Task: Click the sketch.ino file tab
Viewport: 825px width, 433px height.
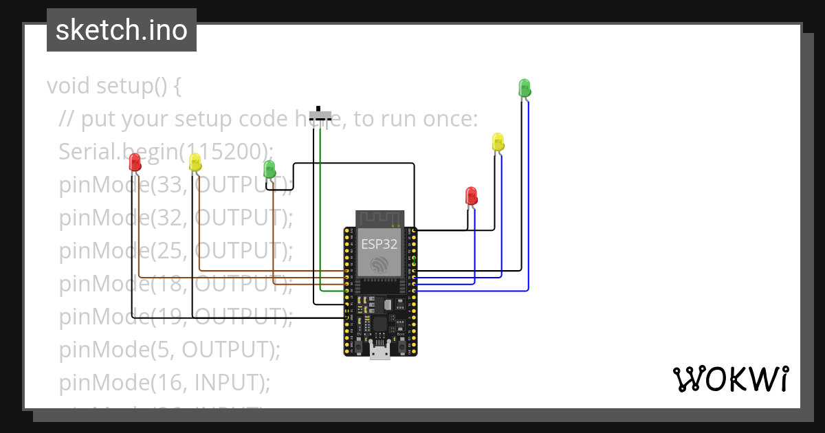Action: [x=122, y=30]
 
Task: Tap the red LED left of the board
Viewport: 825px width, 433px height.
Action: [x=135, y=163]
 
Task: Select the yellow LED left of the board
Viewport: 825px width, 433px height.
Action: [x=195, y=163]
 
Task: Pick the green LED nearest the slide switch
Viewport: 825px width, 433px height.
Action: [x=269, y=169]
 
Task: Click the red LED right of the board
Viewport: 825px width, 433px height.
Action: [x=471, y=196]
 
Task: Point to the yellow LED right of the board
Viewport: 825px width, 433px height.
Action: [x=498, y=142]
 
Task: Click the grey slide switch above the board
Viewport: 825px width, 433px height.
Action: [x=320, y=115]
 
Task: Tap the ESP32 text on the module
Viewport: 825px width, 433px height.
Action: [x=379, y=244]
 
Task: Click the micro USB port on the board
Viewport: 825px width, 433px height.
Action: [x=379, y=351]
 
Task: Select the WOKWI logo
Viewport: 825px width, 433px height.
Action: [x=730, y=379]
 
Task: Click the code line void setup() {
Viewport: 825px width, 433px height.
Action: [x=114, y=87]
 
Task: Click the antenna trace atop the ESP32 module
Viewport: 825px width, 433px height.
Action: [x=379, y=219]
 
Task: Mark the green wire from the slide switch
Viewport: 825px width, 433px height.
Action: [x=321, y=206]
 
